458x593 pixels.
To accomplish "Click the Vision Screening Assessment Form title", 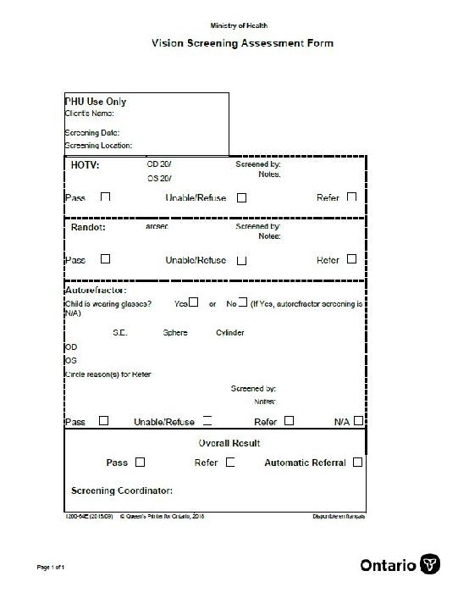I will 242,43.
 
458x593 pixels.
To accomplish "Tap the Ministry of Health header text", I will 240,25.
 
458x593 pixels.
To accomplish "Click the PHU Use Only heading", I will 96,102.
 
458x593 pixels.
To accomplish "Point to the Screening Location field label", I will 98,146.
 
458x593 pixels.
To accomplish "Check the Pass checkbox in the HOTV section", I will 106,197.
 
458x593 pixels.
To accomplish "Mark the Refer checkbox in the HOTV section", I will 351,197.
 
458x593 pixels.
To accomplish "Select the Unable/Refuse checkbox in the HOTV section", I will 242,197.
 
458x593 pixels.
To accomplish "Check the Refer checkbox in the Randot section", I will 351,259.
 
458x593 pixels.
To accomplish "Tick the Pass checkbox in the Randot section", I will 106,259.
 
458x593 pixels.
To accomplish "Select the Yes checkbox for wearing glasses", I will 194,302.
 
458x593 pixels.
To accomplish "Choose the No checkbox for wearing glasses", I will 242,302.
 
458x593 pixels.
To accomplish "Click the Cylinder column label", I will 229,333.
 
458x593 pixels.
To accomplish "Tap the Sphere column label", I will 175,333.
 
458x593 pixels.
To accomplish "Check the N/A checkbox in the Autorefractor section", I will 359,420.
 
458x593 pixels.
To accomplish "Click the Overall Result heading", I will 229,443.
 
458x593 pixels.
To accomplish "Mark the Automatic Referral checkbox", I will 357,463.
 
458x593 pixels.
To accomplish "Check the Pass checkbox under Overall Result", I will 141,463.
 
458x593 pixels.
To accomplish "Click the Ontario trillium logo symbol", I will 430,565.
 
